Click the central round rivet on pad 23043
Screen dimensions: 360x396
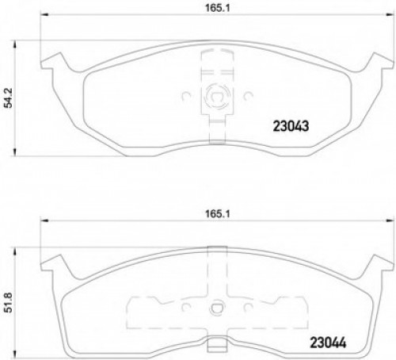[x=212, y=99]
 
